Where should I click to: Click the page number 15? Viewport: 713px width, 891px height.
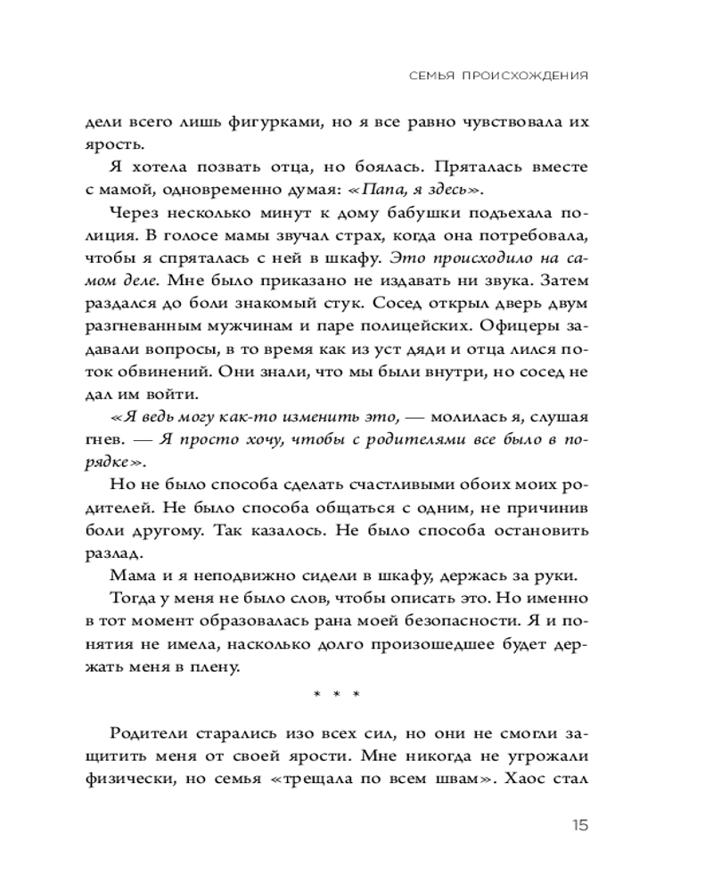[x=578, y=825]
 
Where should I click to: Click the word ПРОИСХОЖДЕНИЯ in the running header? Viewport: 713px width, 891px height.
[x=526, y=77]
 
